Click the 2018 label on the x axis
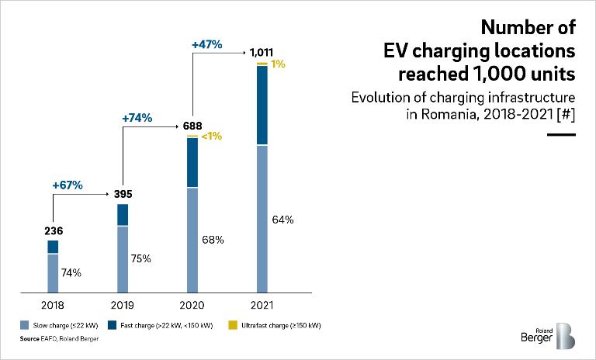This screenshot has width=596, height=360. pos(53,305)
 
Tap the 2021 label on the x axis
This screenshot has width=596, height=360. pos(262,305)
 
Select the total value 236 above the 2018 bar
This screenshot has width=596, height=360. pos(53,231)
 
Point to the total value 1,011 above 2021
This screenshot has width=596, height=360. pos(262,52)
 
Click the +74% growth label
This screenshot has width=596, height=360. pos(137,118)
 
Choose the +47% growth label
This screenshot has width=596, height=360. pos(206,45)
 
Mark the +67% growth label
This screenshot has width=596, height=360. pos(68,185)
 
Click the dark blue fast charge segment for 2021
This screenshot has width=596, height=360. pos(262,106)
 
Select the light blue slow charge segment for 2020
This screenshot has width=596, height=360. pos(192,241)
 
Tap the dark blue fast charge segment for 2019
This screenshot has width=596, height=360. pos(123,215)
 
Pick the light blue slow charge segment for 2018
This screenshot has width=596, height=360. pos(53,274)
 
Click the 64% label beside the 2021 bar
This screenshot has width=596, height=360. pos(283,220)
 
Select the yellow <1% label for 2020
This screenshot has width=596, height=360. pos(212,137)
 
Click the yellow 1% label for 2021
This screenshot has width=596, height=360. pos(279,64)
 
